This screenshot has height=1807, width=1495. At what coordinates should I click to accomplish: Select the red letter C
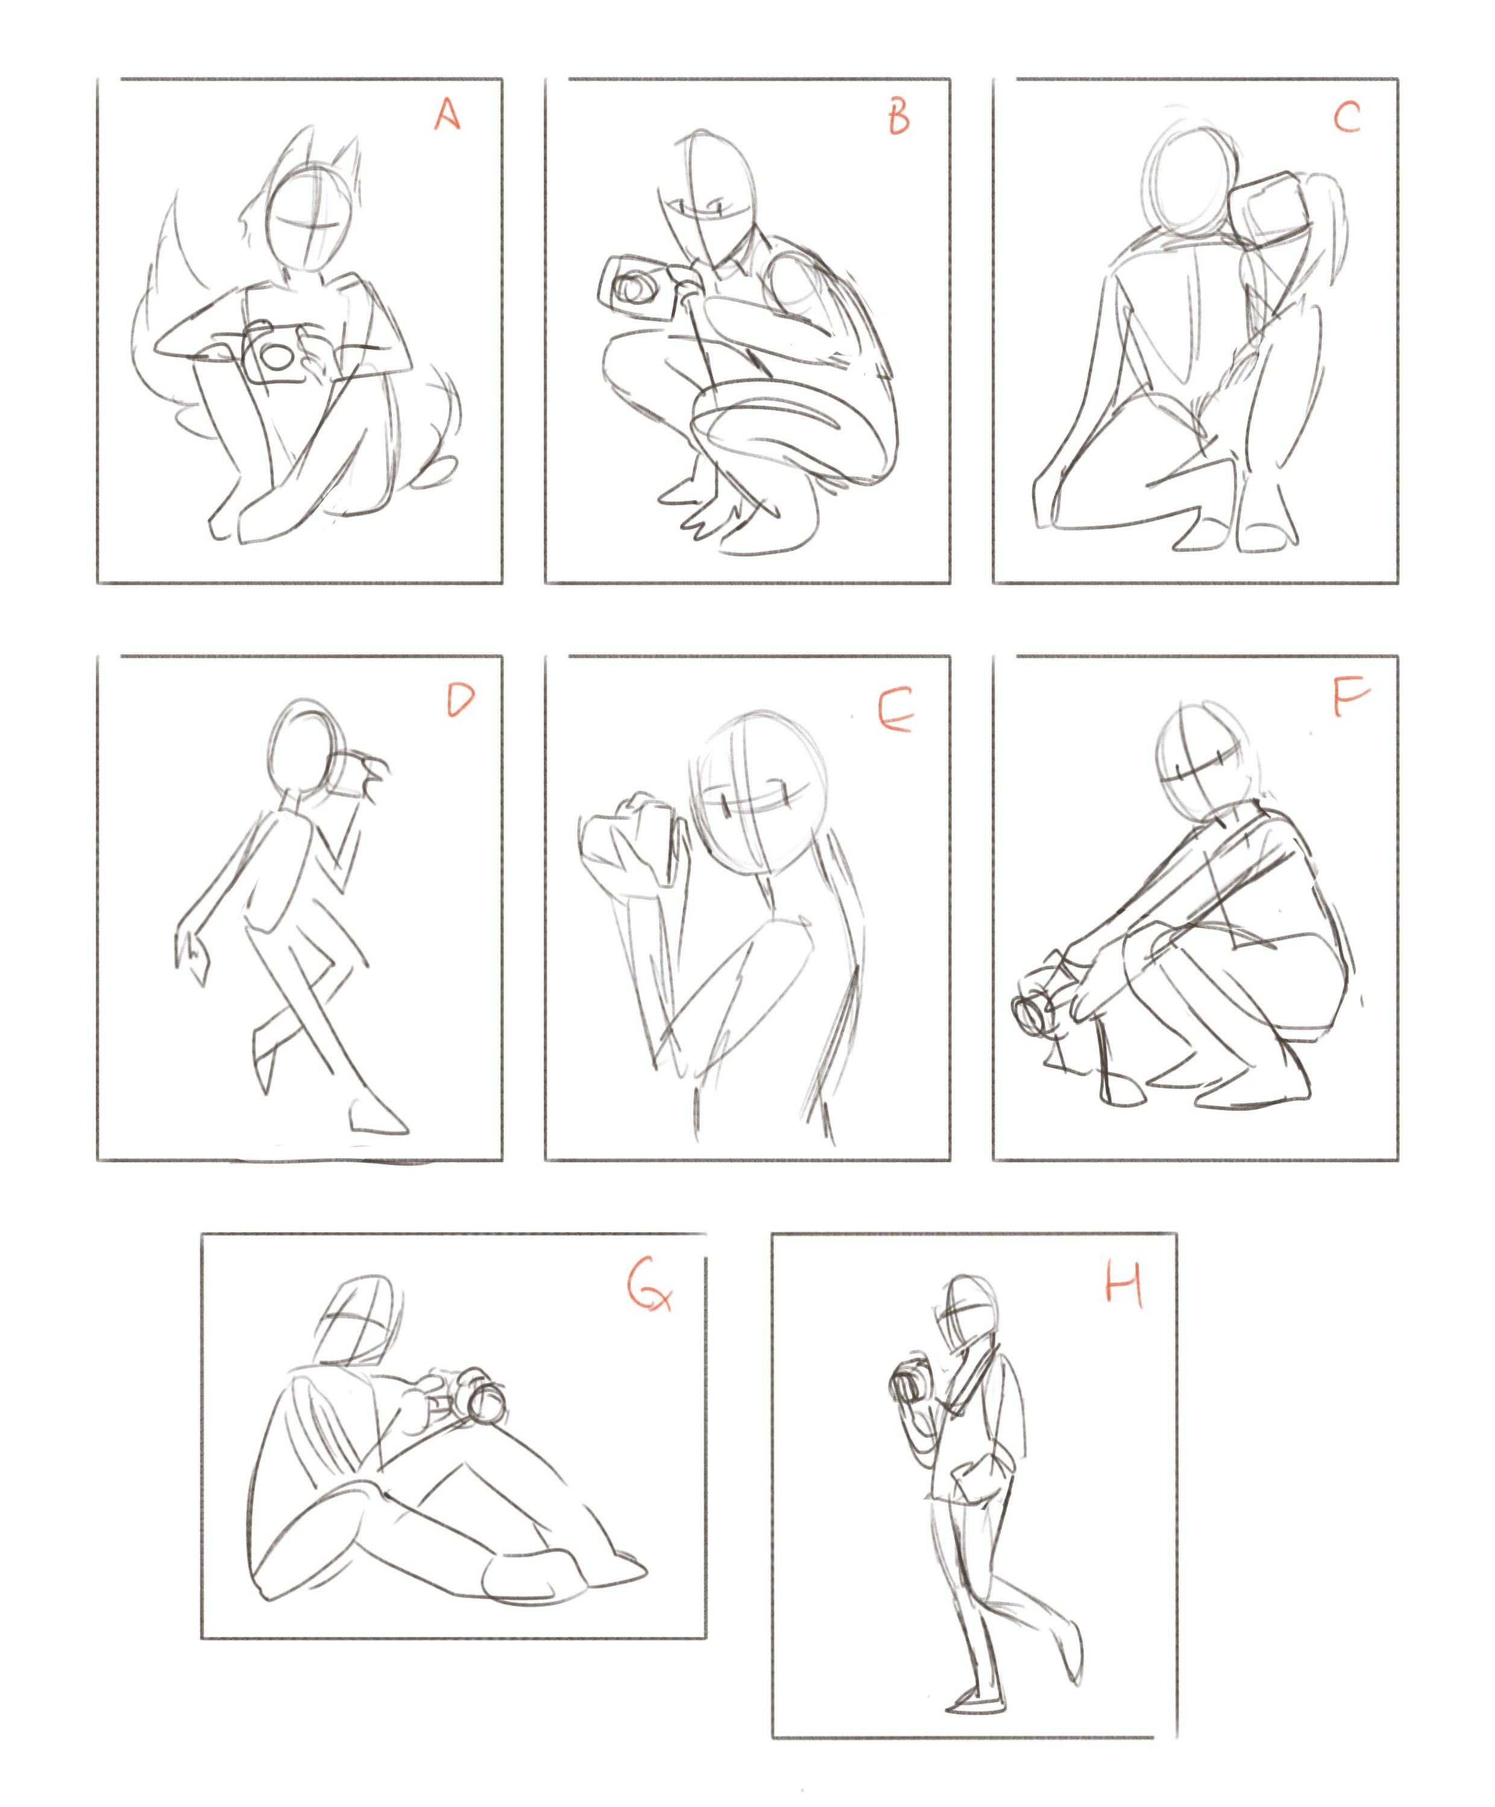point(1346,116)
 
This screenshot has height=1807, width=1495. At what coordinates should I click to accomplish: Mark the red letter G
point(649,1291)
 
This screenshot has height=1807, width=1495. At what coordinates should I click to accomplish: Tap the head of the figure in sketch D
point(307,745)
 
